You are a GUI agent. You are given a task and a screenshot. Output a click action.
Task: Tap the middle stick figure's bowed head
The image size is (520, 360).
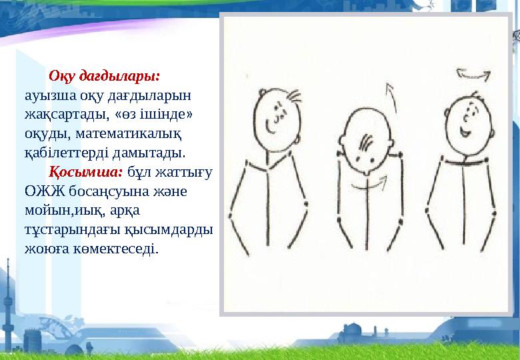point(367,143)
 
